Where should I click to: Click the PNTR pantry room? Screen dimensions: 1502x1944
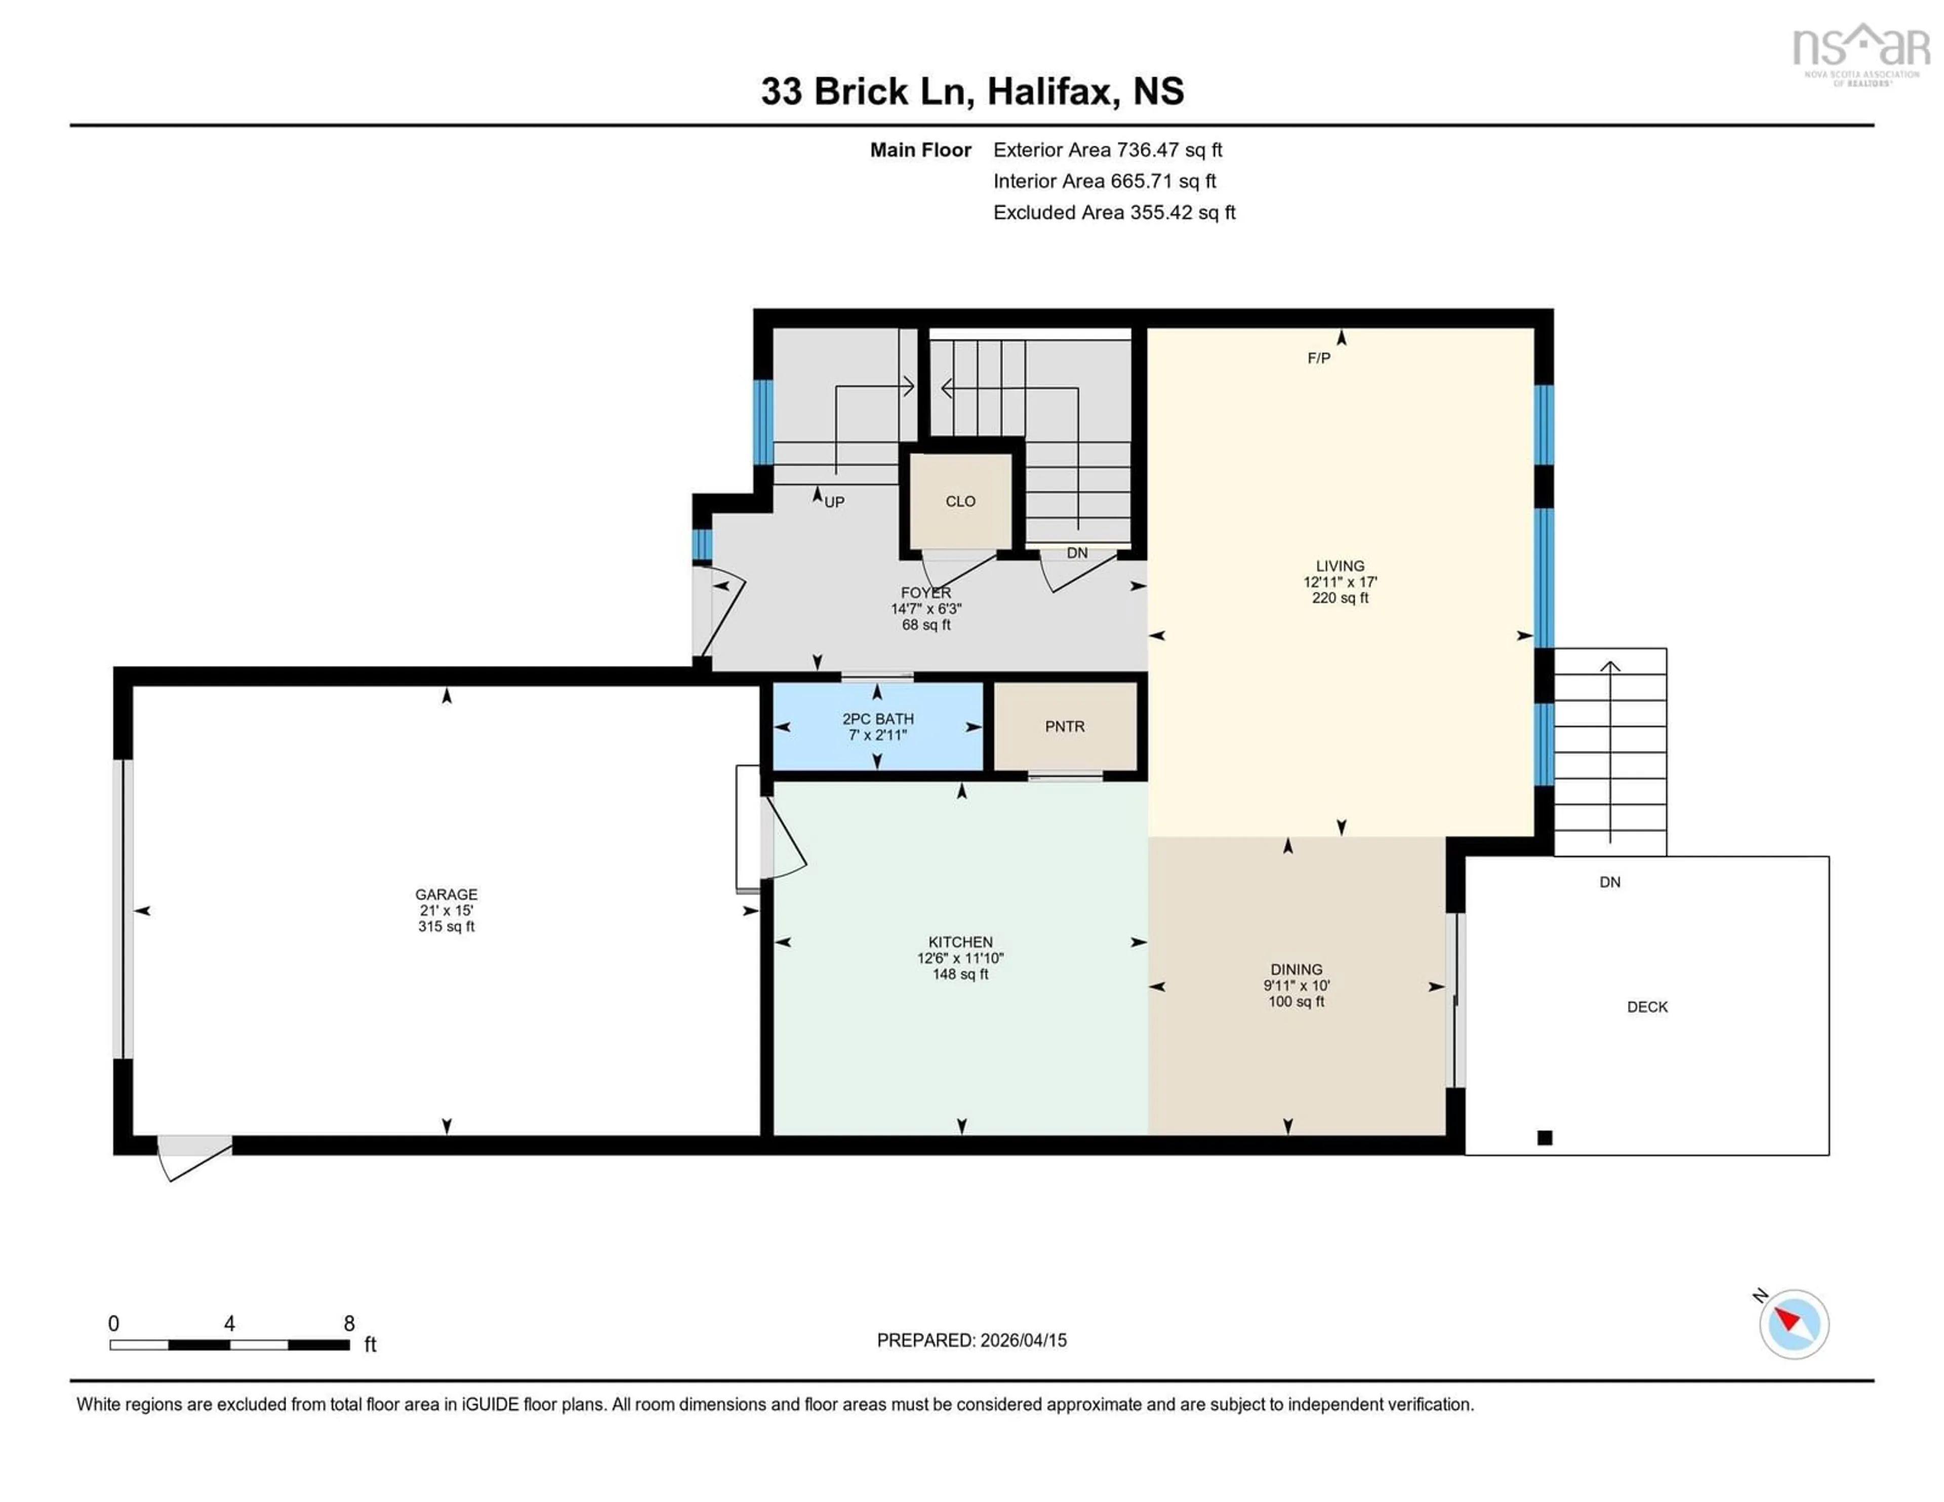click(1065, 727)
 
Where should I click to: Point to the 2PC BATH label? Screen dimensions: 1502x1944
click(878, 719)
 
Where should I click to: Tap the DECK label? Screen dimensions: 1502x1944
click(1647, 1007)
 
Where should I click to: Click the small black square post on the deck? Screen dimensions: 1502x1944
click(1545, 1137)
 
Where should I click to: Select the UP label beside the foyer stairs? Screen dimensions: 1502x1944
click(834, 502)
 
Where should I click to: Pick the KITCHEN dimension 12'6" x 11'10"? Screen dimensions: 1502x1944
click(960, 958)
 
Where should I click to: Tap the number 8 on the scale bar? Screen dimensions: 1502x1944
click(349, 1324)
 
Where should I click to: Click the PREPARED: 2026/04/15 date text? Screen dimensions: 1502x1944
click(971, 1340)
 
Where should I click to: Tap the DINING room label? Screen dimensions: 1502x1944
click(1296, 970)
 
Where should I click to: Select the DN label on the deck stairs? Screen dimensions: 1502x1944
click(1609, 882)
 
